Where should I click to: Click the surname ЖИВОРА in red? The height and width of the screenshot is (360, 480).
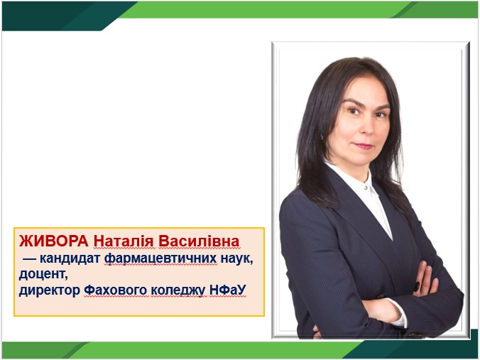click(x=53, y=241)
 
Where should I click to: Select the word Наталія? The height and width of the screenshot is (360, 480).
click(x=124, y=241)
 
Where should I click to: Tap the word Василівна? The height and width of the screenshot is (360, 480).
click(x=199, y=241)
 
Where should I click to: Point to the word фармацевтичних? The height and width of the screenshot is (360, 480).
click(x=160, y=259)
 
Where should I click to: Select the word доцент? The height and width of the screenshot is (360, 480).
click(x=43, y=274)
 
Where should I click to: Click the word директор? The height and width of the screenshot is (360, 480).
click(x=50, y=290)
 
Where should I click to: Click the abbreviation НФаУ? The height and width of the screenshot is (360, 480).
click(x=228, y=290)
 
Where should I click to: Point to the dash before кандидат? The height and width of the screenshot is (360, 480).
click(x=29, y=259)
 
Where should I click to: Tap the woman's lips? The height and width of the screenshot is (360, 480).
click(x=364, y=146)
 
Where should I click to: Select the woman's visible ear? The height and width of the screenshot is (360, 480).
click(x=322, y=135)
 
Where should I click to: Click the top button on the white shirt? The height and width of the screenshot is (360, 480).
click(x=366, y=187)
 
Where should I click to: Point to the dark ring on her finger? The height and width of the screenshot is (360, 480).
click(x=417, y=287)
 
